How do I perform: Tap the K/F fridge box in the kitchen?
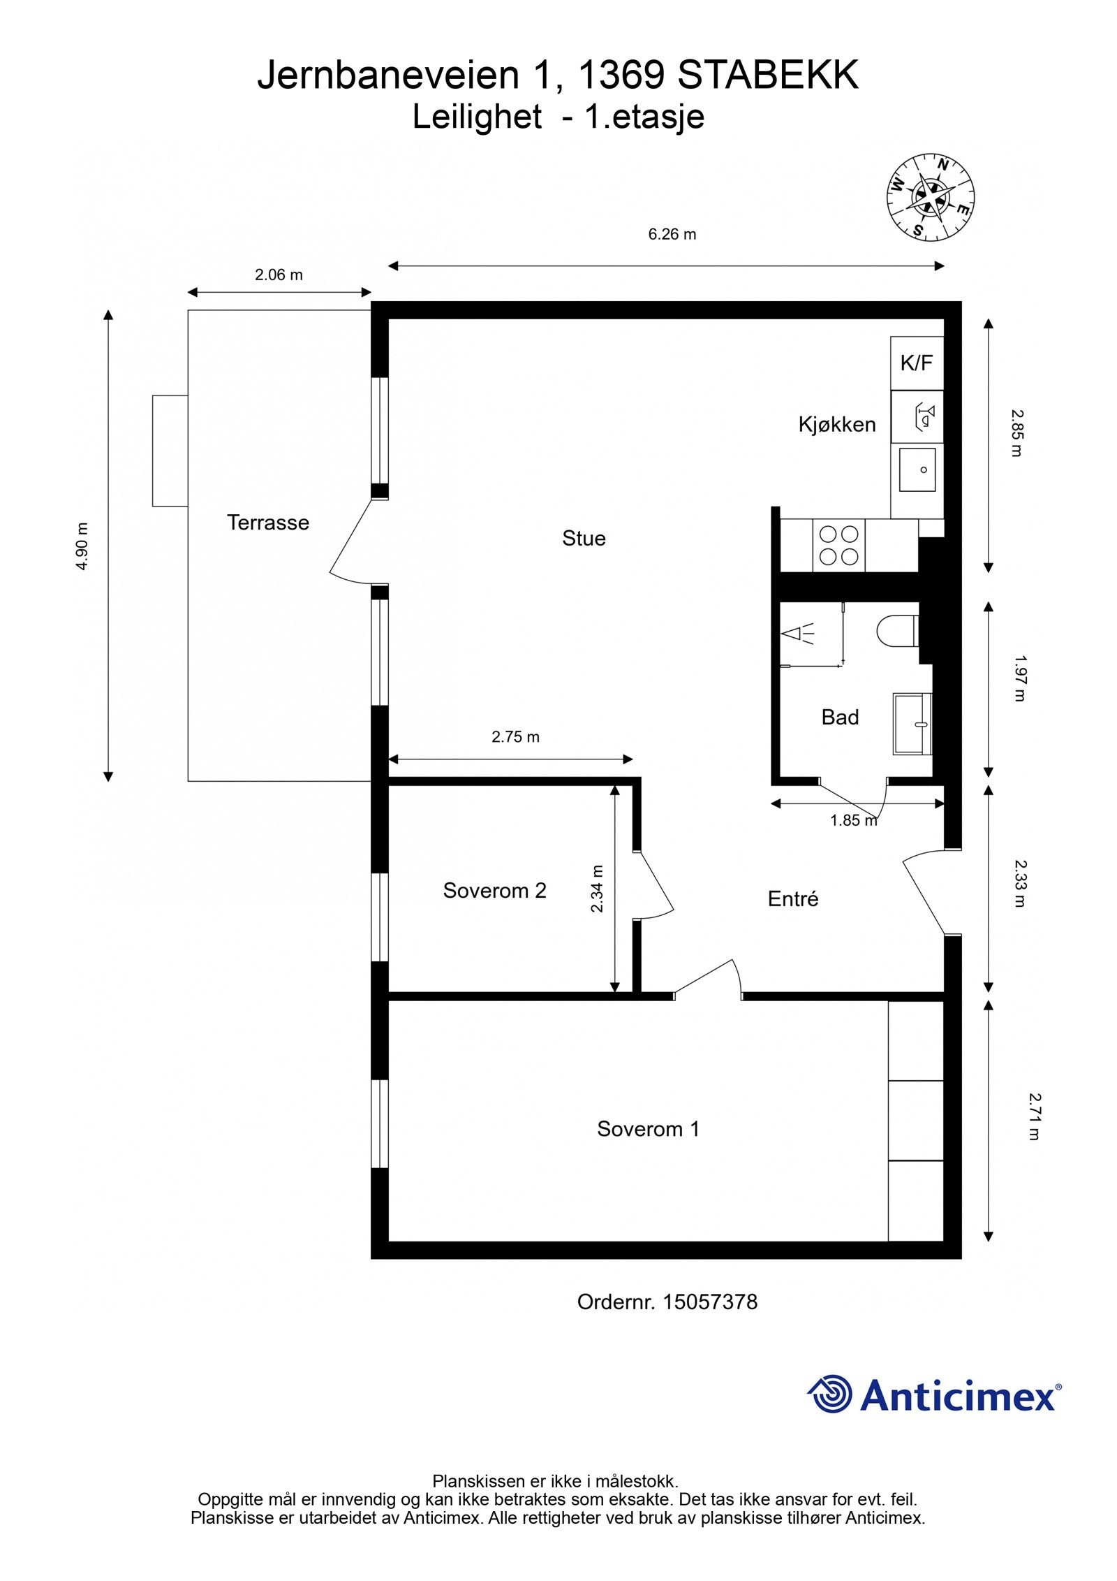pyautogui.click(x=916, y=363)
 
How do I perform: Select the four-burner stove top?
pyautogui.click(x=838, y=545)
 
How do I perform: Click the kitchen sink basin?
pyautogui.click(x=917, y=469)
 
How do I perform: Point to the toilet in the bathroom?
pyautogui.click(x=897, y=629)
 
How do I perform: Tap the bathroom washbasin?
pyautogui.click(x=912, y=724)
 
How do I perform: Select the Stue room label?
pyautogui.click(x=584, y=538)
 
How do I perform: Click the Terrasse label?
pyautogui.click(x=267, y=522)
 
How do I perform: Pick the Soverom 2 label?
pyautogui.click(x=494, y=890)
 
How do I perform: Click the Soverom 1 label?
pyautogui.click(x=648, y=1128)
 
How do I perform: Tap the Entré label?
pyautogui.click(x=792, y=898)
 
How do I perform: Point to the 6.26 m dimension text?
pyautogui.click(x=672, y=234)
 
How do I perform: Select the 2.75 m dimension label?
pyautogui.click(x=515, y=736)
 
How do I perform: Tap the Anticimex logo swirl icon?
pyautogui.click(x=831, y=1394)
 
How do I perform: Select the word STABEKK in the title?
pyautogui.click(x=768, y=75)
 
